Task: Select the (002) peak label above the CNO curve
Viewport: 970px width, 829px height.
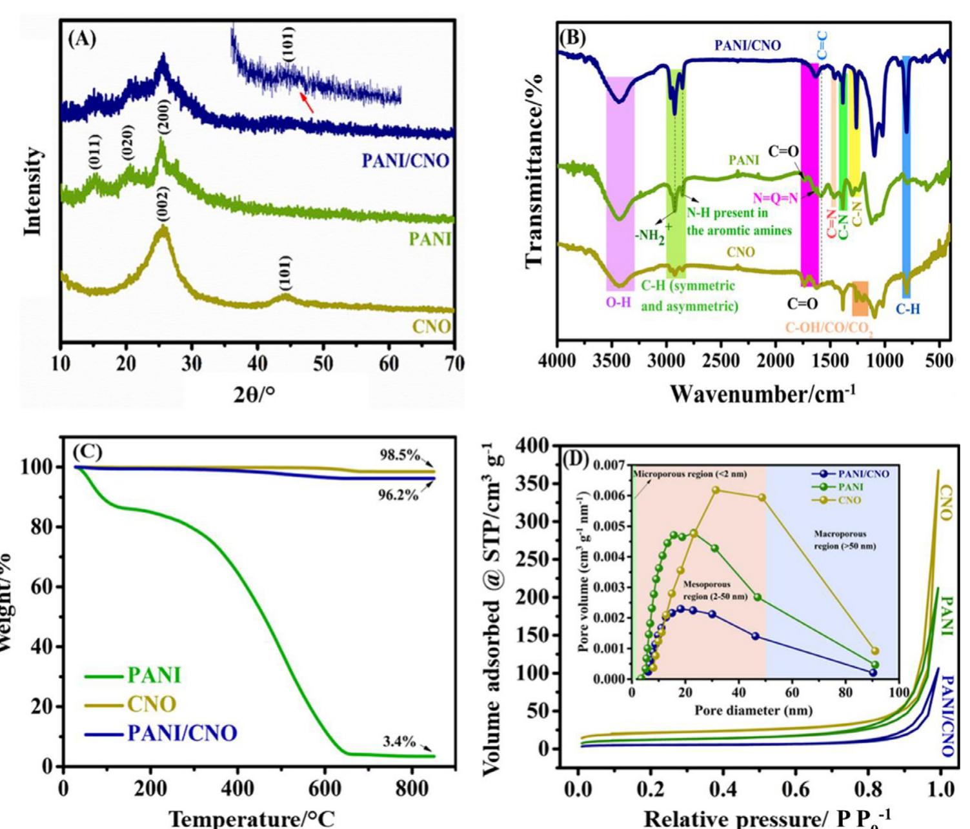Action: click(x=163, y=204)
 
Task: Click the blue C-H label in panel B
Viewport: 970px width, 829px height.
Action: click(x=907, y=309)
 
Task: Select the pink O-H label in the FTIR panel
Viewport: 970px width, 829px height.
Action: click(x=618, y=302)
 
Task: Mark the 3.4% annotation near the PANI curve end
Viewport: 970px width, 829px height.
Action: click(x=399, y=742)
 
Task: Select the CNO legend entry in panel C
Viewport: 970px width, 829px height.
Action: click(x=151, y=704)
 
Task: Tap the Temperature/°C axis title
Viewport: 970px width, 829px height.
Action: click(x=252, y=818)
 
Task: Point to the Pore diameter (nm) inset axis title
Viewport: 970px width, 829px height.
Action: click(x=753, y=711)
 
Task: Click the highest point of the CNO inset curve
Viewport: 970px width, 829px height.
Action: click(x=715, y=490)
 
